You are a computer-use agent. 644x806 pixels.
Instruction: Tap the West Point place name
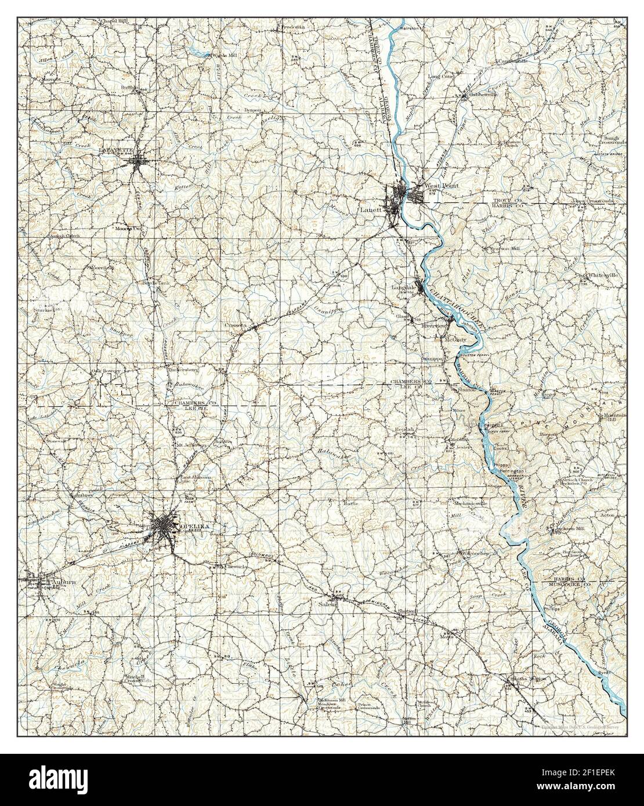442,186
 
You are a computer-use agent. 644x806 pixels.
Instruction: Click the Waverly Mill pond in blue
201,53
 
